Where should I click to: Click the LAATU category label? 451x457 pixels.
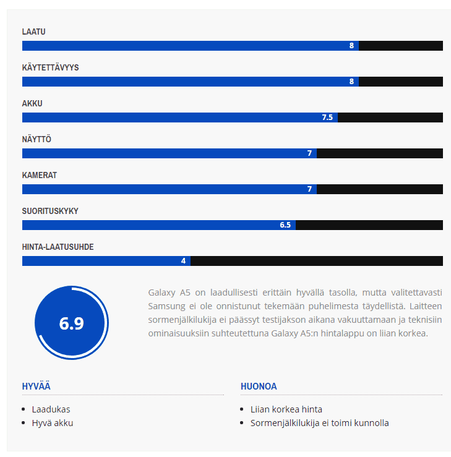point(34,32)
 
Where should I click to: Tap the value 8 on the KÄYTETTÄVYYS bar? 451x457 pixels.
point(351,82)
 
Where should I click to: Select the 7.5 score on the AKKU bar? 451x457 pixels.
point(327,117)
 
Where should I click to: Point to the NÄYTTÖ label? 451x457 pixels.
point(37,139)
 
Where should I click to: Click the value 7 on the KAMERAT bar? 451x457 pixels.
point(310,189)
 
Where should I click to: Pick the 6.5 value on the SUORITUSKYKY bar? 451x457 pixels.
point(285,225)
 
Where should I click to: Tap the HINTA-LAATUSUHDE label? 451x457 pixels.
point(58,247)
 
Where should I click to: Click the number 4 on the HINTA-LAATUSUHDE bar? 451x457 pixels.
point(183,261)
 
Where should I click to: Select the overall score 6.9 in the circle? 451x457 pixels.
point(71,323)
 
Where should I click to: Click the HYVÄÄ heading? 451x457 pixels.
point(36,387)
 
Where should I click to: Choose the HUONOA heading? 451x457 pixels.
point(259,387)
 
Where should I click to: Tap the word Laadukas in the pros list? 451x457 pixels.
point(51,409)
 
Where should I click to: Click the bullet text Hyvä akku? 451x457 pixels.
point(53,424)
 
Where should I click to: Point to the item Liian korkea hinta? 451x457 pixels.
point(286,409)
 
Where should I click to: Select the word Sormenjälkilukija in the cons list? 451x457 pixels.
point(285,424)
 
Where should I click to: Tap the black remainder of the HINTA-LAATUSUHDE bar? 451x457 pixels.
point(316,261)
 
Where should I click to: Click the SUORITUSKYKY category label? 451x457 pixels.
point(50,211)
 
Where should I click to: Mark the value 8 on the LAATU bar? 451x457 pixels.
point(351,46)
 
